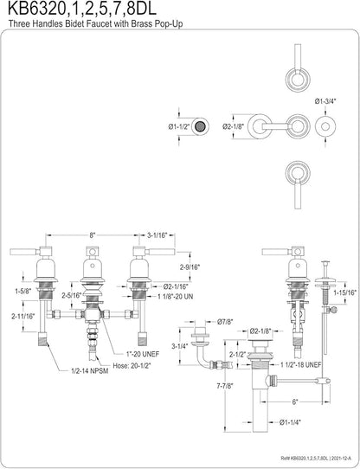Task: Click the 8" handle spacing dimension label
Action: pos(93,234)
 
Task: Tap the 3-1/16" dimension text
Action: pos(157,234)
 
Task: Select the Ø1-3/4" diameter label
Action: pos(325,101)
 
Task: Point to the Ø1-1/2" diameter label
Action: pos(179,127)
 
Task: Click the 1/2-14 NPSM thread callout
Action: pos(90,371)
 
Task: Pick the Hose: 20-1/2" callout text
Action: pos(132,365)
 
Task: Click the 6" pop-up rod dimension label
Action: pos(295,402)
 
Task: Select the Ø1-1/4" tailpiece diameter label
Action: pos(290,422)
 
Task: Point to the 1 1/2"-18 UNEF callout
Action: pos(301,364)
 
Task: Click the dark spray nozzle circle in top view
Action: pos(200,126)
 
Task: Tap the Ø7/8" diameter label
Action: pos(225,322)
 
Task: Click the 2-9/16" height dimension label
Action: pos(190,267)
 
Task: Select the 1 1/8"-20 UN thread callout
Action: pos(176,297)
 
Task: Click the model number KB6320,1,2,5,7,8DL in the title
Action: pos(81,9)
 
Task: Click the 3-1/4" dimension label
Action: pos(179,346)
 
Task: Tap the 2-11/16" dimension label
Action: pos(23,316)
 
